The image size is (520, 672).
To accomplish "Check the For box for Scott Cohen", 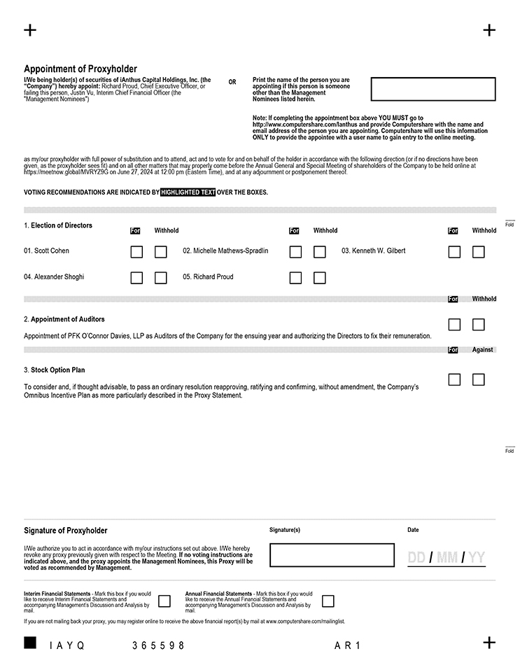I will coord(136,251).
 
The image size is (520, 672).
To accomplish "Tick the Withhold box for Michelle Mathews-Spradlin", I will coord(320,251).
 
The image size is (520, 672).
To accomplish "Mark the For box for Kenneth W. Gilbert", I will coord(454,251).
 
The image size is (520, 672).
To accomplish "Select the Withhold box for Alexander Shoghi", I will coord(161,278).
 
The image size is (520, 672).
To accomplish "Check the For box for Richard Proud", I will coord(295,278).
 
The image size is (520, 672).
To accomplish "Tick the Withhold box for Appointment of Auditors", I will coord(479,324).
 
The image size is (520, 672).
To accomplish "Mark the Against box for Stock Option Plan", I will coord(479,379).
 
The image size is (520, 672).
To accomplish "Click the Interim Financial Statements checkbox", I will coord(164,601).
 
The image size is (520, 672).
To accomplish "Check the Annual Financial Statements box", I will coord(328,601).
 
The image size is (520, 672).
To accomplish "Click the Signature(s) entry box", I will coord(332,555).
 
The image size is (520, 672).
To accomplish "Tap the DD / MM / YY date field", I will coord(447,558).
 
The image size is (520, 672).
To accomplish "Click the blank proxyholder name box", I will coord(433,89).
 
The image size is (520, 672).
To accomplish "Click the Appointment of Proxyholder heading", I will coord(80,69).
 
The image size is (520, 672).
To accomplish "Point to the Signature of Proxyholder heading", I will coord(66,531).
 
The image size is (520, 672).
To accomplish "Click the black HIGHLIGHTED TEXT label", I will coord(188,192).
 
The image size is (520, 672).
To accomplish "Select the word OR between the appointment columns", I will coord(232,83).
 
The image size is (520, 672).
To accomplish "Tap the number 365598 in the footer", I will coord(159,645).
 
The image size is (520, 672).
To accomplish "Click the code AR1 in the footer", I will coord(348,645).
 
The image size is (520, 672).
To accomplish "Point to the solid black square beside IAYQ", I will coord(30,643).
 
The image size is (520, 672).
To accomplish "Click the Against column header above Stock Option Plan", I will coord(482,350).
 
